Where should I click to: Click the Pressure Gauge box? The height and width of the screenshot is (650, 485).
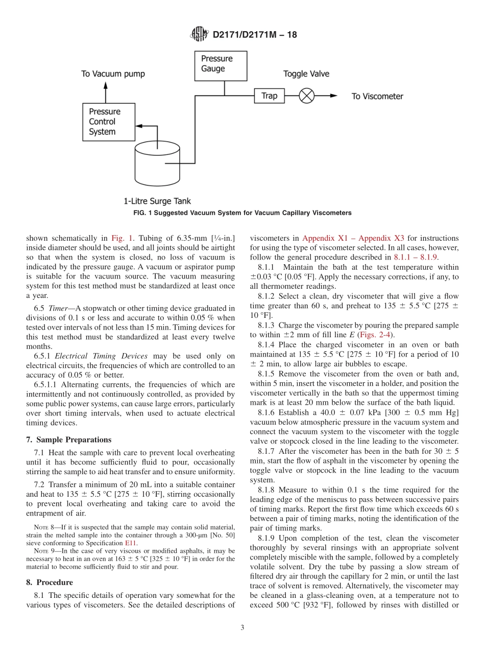point(221,65)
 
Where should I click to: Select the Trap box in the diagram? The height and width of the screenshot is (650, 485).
point(269,96)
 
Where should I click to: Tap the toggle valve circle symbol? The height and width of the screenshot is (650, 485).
point(306,96)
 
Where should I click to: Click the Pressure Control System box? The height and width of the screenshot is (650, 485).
point(109,122)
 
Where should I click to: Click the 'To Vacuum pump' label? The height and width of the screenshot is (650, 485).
point(113,74)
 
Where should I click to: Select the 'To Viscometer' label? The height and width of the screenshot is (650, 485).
point(377,96)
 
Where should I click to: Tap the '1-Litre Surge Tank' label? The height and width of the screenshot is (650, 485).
point(157,201)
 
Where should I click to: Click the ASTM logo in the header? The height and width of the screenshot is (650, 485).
point(199,34)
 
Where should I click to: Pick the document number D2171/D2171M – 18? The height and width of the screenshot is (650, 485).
point(254,35)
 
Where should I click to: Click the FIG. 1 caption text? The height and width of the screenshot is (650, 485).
point(242,213)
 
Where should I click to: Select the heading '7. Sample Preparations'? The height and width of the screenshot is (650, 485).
point(68,439)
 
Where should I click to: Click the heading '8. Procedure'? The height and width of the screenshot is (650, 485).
point(50,582)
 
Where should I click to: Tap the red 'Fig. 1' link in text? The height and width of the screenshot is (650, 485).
point(123,238)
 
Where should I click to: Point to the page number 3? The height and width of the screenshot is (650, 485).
point(242,628)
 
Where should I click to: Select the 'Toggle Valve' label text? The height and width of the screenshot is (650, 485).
point(306,74)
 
